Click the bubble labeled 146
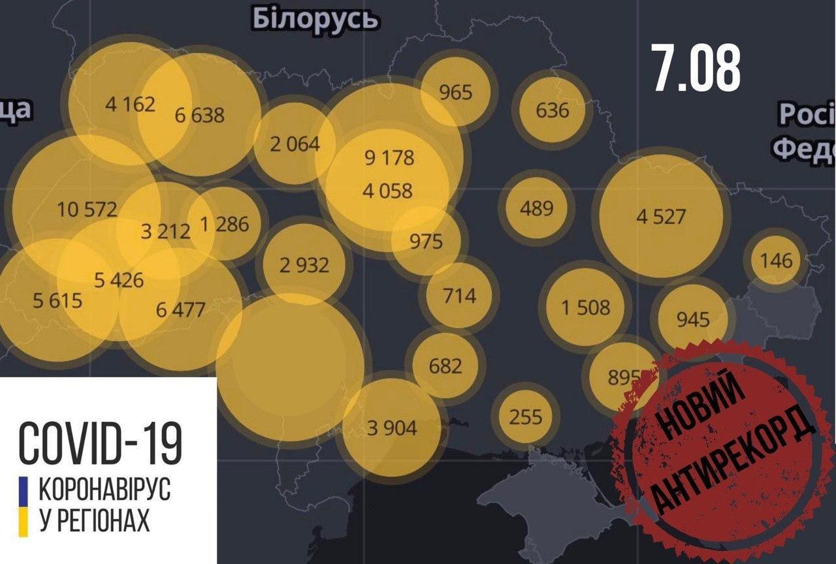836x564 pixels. (x=776, y=261)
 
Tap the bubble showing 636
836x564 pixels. (x=552, y=109)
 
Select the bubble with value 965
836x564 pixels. (x=455, y=91)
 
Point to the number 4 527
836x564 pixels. (x=661, y=216)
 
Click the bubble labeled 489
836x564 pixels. (x=536, y=208)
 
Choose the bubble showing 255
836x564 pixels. (x=525, y=415)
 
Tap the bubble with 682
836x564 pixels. (x=445, y=365)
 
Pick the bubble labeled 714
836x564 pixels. (x=460, y=295)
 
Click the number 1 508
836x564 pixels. (x=586, y=307)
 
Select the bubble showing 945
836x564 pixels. (x=692, y=319)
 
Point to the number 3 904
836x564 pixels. (x=392, y=428)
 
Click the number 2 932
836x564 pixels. (x=304, y=265)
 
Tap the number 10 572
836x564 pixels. (x=87, y=210)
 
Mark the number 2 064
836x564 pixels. (x=295, y=144)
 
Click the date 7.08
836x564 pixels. (x=696, y=69)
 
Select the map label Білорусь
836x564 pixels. (x=315, y=20)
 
